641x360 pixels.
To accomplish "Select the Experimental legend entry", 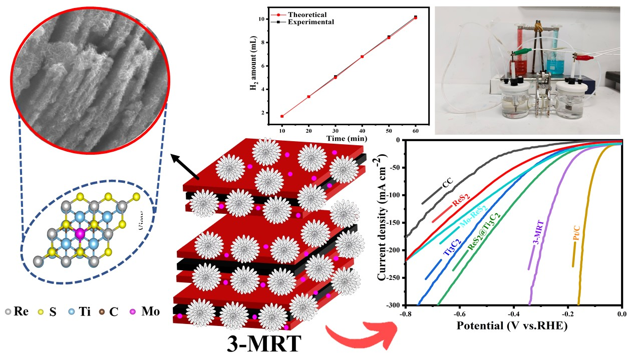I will [310, 22].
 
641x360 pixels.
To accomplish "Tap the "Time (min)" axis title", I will [347, 138].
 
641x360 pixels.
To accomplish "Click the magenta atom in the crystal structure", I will [79, 233].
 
